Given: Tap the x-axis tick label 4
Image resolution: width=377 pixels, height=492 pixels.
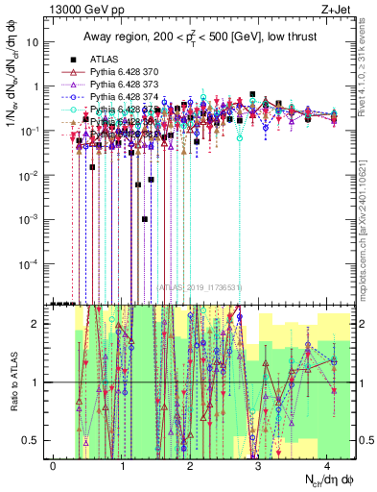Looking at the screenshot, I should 327,465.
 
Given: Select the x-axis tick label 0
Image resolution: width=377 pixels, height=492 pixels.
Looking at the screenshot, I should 54,465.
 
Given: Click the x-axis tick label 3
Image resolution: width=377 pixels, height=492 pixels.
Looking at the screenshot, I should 259,465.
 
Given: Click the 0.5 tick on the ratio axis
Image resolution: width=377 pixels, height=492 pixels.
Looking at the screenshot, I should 35,440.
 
